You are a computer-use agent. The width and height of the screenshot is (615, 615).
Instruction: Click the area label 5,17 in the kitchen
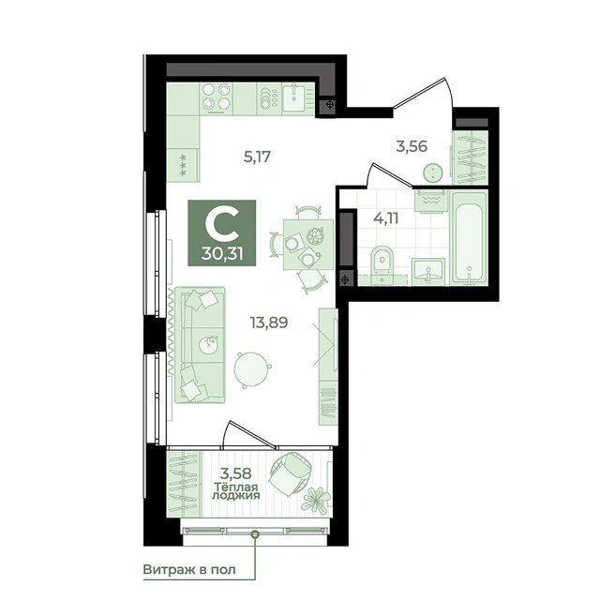point(257,157)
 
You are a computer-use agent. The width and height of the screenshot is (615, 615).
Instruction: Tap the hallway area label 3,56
point(412,146)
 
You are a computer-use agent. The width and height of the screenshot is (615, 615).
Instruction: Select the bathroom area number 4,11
point(386,217)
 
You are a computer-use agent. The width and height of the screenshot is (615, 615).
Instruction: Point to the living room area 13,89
point(269,322)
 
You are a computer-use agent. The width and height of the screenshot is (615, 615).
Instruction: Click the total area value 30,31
point(222,254)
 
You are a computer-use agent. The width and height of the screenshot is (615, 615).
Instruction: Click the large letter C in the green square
point(222,223)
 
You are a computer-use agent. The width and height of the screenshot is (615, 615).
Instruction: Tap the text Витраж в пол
point(189,569)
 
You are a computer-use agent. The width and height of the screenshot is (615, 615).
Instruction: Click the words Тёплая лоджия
point(235,491)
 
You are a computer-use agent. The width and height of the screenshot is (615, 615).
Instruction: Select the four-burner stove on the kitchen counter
point(217,98)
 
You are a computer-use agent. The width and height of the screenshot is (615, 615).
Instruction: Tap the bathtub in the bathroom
point(469,236)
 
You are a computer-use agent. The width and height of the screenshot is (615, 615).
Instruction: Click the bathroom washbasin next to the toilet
point(427,271)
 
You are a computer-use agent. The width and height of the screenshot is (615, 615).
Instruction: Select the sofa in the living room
point(200,344)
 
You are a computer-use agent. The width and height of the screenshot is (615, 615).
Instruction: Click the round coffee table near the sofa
point(252,369)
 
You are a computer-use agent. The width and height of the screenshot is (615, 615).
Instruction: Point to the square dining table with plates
point(308,245)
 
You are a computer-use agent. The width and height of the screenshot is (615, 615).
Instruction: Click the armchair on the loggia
point(291,474)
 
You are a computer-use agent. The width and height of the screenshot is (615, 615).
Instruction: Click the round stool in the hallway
point(432,172)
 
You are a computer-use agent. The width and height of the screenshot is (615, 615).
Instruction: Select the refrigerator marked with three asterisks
point(183,166)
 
